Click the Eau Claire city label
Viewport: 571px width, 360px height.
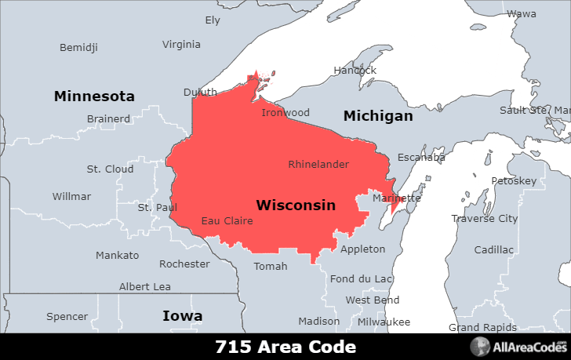coord(227,221)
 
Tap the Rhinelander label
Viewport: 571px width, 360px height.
coord(318,165)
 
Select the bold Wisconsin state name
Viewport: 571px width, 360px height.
coord(296,205)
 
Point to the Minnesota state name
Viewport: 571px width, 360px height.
coord(94,96)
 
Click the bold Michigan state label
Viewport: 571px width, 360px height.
coord(378,116)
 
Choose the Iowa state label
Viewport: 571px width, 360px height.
coord(182,316)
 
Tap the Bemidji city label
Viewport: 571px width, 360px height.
coord(79,48)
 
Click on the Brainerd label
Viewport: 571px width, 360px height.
coord(108,119)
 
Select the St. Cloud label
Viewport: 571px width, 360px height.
coord(110,169)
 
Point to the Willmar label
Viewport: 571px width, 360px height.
coord(71,197)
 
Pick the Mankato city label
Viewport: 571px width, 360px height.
coord(117,256)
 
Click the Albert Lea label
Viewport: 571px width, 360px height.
coord(145,287)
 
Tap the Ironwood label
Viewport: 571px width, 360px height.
coord(285,113)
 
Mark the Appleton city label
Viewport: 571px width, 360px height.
coord(362,249)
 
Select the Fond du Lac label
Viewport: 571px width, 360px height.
coord(362,279)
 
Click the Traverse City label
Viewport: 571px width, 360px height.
coord(485,219)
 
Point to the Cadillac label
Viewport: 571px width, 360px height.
coord(494,250)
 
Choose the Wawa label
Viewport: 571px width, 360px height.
coord(522,14)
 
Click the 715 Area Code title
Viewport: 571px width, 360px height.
coord(285,347)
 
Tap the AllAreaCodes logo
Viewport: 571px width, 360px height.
coord(520,347)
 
